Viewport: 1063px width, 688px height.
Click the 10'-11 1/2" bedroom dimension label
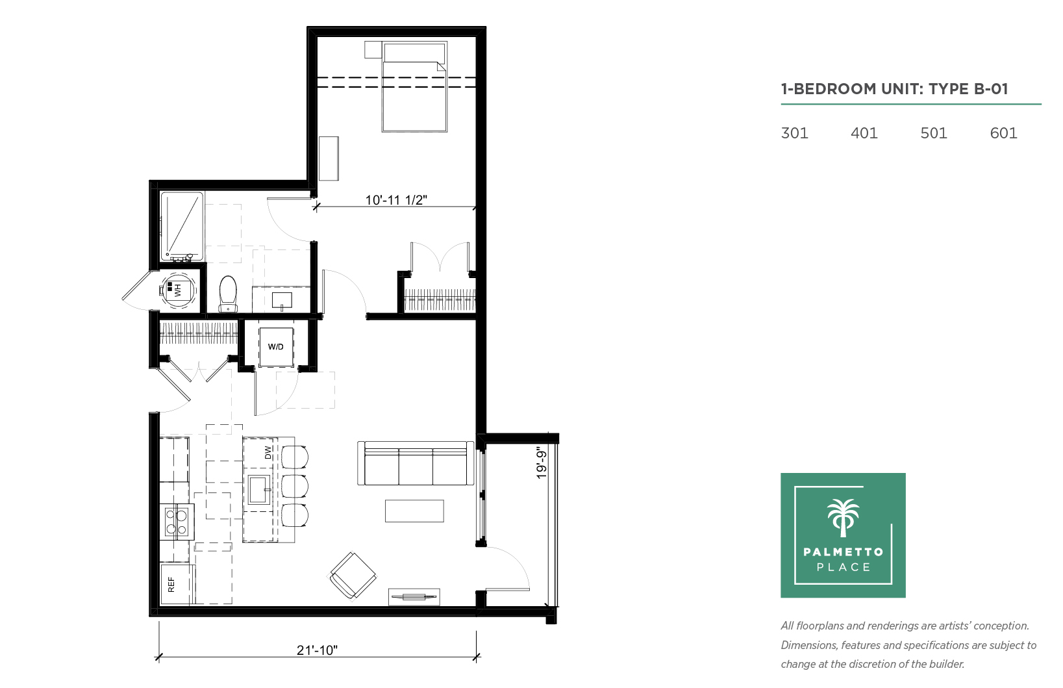[396, 200]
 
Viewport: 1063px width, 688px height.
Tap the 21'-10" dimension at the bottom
[317, 650]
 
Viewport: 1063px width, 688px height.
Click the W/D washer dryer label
[276, 347]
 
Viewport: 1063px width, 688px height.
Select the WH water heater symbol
[177, 290]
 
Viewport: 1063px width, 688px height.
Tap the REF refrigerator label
[171, 585]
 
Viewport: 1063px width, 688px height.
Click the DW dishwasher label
[268, 452]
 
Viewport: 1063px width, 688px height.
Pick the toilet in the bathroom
[228, 294]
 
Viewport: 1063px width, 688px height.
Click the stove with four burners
[176, 521]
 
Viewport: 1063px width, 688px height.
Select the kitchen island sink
[259, 491]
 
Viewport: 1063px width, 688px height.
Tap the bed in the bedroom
[414, 87]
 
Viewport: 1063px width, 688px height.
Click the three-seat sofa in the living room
[416, 463]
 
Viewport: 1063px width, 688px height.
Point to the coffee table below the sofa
[414, 511]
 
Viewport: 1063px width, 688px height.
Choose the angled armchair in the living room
[352, 576]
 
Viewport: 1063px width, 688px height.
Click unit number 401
[864, 133]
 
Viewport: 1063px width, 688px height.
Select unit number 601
[1004, 133]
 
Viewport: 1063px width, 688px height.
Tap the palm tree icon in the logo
[844, 518]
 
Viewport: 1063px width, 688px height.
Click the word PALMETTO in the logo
[844, 552]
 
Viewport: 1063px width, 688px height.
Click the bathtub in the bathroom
[182, 227]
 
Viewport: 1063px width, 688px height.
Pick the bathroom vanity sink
[282, 300]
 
